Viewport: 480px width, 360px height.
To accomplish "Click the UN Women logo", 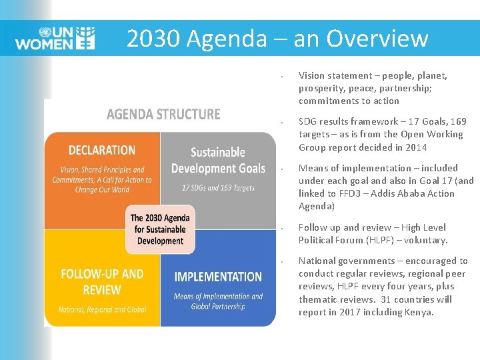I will pos(55,38).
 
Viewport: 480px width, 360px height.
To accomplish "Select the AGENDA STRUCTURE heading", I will pos(163,114).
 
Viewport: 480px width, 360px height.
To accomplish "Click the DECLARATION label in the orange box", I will pos(101,150).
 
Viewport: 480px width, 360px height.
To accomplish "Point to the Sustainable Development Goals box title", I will pos(218,161).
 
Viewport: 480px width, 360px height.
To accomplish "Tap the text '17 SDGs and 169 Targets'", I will pos(218,187).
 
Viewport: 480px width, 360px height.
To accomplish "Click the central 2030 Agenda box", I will pos(160,229).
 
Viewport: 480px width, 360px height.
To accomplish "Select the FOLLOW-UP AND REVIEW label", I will pos(101,282).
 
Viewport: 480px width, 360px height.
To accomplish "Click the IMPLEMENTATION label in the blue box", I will pos(218,277).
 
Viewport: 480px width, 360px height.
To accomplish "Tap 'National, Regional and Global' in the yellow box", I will pos(101,309).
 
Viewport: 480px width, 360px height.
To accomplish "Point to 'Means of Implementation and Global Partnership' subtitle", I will pos(218,301).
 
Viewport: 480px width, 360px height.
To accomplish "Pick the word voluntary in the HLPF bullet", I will pos(427,240).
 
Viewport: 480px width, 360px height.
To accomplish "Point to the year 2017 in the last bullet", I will pos(353,312).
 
